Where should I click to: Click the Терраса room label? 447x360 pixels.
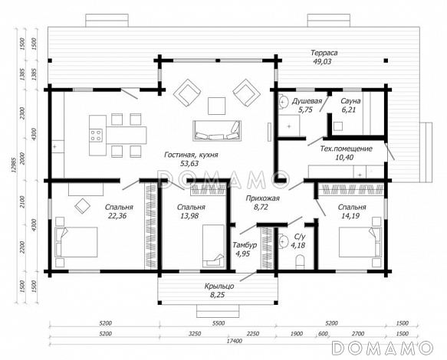[x=324, y=53]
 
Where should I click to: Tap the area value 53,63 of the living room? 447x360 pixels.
[x=189, y=164]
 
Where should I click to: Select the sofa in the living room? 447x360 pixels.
[x=217, y=131]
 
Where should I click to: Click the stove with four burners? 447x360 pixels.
[x=96, y=136]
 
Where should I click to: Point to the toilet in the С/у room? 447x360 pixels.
[x=301, y=262]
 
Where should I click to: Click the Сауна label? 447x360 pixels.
[x=350, y=101]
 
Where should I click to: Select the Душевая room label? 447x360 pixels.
[x=307, y=101]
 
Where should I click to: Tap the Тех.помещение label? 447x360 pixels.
[x=346, y=149]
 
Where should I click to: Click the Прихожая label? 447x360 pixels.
[x=262, y=198]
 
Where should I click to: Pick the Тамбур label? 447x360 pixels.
[x=245, y=245]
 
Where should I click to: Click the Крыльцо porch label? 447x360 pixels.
[x=219, y=286]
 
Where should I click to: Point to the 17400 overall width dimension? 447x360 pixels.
[x=234, y=341]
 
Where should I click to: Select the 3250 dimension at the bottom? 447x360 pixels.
[x=195, y=333]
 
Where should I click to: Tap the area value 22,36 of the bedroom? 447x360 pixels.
[x=117, y=216]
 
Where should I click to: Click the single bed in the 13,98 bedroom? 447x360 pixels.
[x=213, y=246]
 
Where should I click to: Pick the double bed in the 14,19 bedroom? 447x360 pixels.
[x=360, y=242]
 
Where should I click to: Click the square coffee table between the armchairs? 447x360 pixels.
[x=217, y=106]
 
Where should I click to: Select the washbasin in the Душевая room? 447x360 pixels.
[x=283, y=103]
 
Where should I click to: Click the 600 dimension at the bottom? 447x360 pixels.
[x=323, y=333]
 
